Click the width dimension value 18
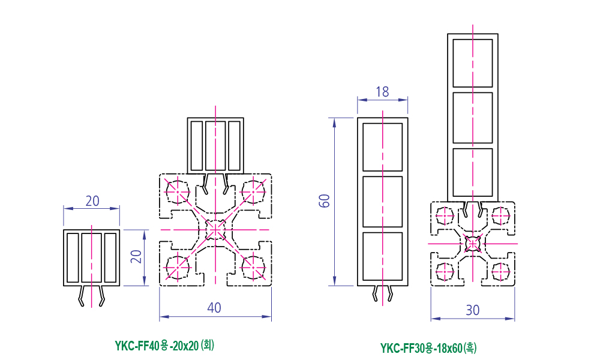point(382,92)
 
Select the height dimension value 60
point(325,201)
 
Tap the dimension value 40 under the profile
point(214,308)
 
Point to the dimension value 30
point(473,310)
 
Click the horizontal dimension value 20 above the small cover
point(92,201)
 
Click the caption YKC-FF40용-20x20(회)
point(164,346)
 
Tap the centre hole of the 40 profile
point(215,229)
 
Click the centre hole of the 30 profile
point(473,244)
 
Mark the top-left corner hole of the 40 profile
point(178,191)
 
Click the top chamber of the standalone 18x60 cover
point(382,146)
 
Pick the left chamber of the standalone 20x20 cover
point(73,257)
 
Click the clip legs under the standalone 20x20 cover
point(91,295)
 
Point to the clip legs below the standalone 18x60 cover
point(383,293)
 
